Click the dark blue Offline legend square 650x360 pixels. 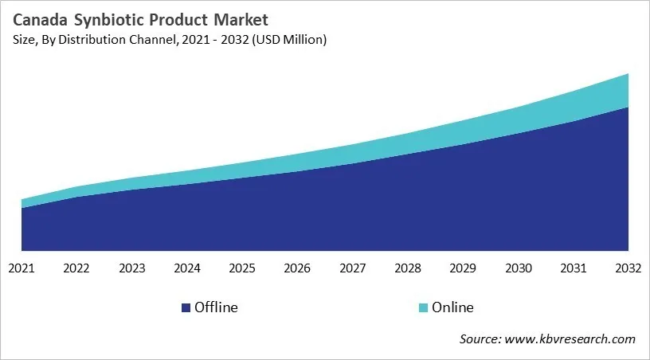(x=186, y=307)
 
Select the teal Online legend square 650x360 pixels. (x=423, y=307)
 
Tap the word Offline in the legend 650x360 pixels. (x=216, y=307)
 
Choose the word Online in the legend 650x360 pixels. (x=452, y=307)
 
